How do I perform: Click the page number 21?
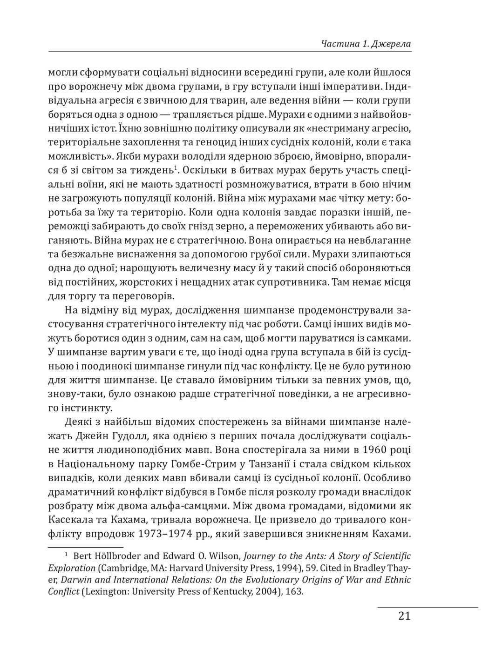[404, 616]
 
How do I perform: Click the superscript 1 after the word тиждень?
[176, 168]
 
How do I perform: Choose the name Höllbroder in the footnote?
[115, 556]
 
